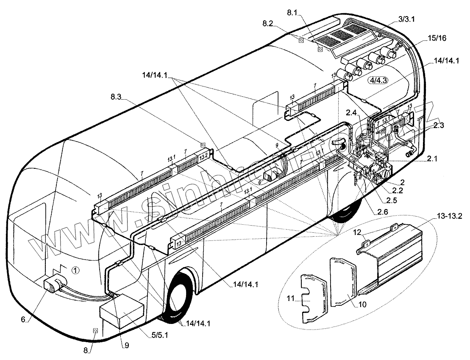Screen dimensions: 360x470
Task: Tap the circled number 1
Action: (x=75, y=270)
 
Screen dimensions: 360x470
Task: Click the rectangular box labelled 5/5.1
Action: (x=121, y=313)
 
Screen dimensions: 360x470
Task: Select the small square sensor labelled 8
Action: (x=95, y=331)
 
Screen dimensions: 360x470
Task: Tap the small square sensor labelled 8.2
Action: (x=300, y=40)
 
